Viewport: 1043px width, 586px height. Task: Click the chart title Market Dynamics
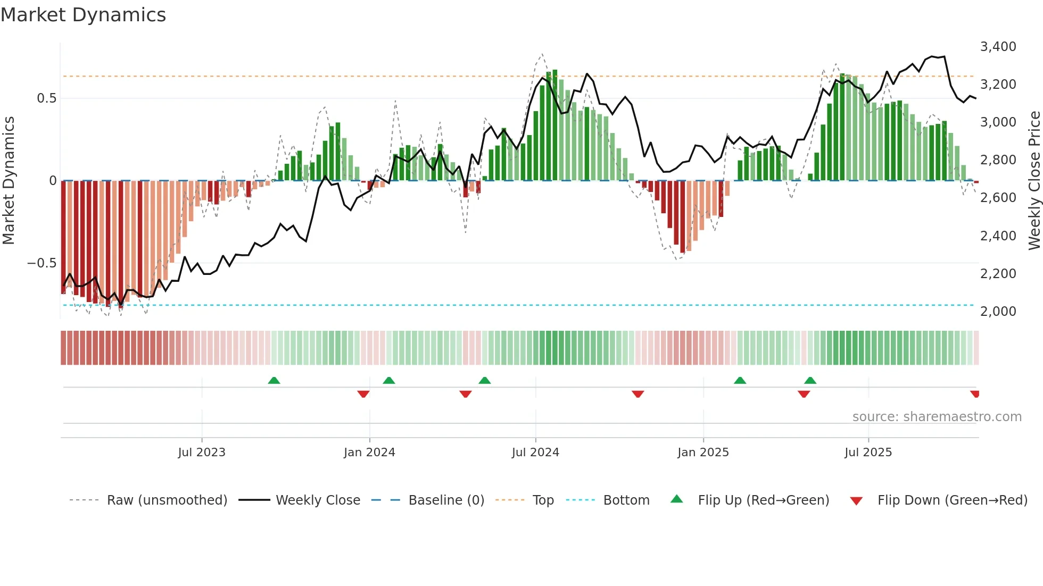83,15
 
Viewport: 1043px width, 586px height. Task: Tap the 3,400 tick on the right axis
998,47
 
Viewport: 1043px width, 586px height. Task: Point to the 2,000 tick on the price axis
998,311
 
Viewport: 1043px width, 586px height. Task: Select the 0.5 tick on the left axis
46,98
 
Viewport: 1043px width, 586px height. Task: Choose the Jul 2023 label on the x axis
202,453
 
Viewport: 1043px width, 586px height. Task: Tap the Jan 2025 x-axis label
703,453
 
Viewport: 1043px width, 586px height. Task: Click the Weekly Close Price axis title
1034,181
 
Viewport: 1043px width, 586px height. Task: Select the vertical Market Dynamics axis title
9,181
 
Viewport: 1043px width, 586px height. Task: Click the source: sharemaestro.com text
937,417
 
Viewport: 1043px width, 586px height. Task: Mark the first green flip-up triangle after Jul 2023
274,381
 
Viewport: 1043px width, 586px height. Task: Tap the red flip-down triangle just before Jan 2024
363,394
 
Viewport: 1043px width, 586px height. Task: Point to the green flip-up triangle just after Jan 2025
740,381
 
